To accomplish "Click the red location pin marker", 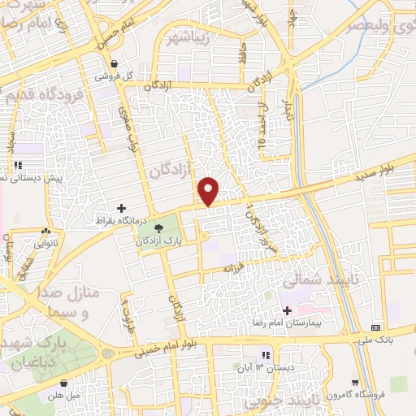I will (209, 190).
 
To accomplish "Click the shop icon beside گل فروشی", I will (115, 63).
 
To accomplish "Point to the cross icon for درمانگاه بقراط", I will (123, 209).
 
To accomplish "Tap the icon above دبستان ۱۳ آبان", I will (266, 356).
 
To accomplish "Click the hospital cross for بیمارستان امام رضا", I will (286, 310).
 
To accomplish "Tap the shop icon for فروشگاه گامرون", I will (355, 382).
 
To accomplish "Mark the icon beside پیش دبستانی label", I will (18, 166).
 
